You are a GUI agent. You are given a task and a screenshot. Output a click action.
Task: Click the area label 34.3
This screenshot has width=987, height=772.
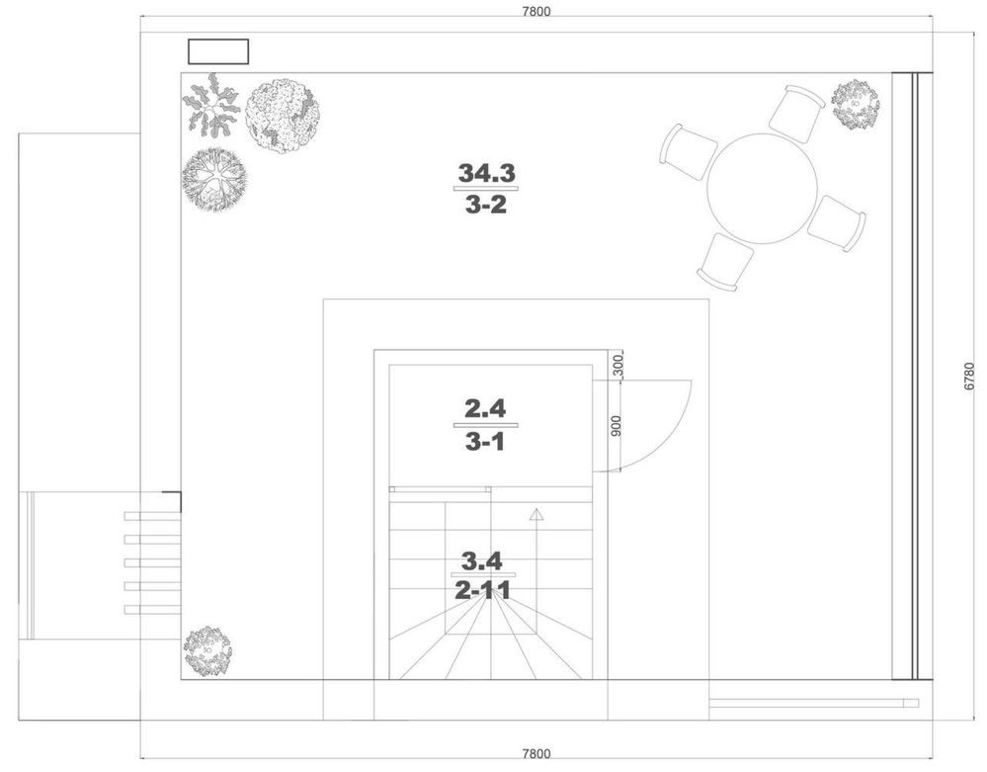[486, 173]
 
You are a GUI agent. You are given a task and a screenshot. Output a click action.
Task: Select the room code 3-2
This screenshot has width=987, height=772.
[486, 205]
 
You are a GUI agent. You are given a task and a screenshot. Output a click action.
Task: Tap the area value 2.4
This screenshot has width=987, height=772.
[485, 408]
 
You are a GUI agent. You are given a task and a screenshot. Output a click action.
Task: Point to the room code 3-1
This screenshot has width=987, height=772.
[485, 442]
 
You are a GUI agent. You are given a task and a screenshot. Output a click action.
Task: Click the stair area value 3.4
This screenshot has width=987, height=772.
[482, 560]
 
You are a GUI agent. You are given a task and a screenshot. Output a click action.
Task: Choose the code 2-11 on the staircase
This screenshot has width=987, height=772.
[482, 591]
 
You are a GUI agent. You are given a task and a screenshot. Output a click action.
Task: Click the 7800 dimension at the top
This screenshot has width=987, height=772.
[535, 11]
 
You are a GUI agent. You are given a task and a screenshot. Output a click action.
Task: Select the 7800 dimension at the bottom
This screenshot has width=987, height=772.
[536, 753]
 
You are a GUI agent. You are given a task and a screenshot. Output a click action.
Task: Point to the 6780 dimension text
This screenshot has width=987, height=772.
[969, 376]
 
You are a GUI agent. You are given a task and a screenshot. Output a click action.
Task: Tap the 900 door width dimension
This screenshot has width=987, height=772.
[617, 426]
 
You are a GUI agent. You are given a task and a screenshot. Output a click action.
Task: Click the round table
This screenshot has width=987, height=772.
[762, 188]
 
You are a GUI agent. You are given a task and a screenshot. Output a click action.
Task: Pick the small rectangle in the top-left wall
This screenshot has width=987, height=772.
[218, 51]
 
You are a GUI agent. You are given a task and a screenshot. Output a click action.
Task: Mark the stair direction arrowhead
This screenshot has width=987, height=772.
[536, 514]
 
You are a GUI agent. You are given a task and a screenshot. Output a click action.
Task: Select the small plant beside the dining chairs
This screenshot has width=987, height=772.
[855, 105]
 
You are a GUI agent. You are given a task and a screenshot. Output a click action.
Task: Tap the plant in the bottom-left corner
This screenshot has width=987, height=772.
[207, 651]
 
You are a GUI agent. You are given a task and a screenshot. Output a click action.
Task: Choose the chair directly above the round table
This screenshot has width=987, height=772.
[797, 114]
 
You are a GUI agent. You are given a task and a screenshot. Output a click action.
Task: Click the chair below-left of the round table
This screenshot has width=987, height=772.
[726, 261]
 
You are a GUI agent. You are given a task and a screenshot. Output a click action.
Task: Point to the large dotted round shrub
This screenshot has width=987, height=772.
[282, 116]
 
